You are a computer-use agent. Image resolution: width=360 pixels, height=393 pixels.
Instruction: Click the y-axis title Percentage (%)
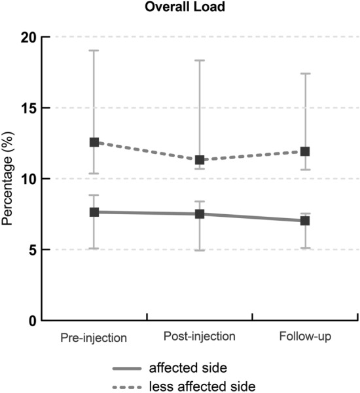click(x=9, y=179)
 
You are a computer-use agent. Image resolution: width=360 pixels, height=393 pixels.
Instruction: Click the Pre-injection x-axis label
click(x=94, y=337)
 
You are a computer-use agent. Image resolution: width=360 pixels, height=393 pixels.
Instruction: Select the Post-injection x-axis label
click(x=199, y=337)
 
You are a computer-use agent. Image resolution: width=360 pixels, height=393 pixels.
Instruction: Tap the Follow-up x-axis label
click(x=304, y=337)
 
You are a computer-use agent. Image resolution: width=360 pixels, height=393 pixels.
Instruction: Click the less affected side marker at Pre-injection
click(x=94, y=142)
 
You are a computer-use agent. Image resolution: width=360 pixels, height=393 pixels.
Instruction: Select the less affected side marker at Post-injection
click(x=199, y=160)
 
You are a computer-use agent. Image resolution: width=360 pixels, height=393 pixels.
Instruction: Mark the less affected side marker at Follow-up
click(x=304, y=151)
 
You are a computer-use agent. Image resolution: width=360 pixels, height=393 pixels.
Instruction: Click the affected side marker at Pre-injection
click(x=94, y=212)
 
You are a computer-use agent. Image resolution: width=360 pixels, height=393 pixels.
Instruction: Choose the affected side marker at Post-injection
click(x=199, y=214)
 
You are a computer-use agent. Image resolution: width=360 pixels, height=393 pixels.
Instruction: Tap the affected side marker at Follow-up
click(x=304, y=221)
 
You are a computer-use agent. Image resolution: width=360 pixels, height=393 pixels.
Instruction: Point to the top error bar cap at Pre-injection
click(x=94, y=50)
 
